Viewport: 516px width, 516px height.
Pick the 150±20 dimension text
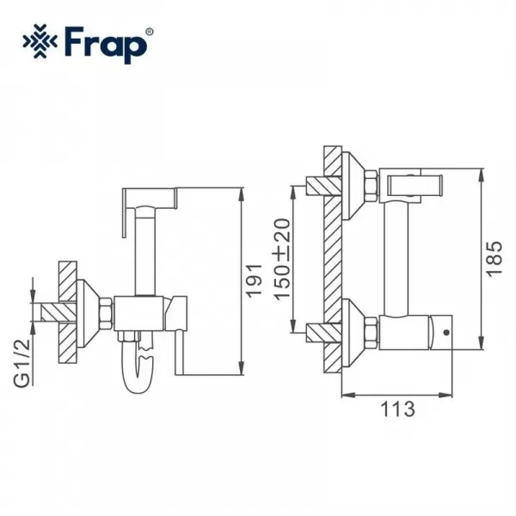[x=283, y=258]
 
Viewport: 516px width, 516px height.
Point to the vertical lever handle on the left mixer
[x=182, y=344]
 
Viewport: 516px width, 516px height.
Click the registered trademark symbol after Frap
[x=150, y=32]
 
